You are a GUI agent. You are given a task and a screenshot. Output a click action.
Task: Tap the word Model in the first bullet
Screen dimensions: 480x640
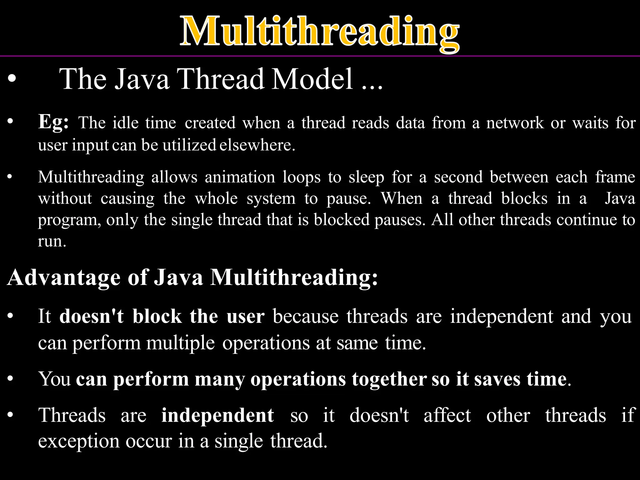[312, 79]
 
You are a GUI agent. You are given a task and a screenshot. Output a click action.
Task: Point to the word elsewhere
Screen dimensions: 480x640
[257, 145]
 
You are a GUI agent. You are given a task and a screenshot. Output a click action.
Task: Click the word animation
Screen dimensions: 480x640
[240, 177]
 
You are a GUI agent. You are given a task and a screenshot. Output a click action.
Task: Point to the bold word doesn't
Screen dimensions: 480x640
[91, 317]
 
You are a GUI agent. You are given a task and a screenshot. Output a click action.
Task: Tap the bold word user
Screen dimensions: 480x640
[245, 317]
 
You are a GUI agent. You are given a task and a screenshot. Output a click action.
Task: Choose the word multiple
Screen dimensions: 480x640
[180, 343]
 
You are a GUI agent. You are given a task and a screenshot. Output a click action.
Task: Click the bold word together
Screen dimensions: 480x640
[389, 380]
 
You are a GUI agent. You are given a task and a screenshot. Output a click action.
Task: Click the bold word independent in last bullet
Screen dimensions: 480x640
[217, 416]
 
